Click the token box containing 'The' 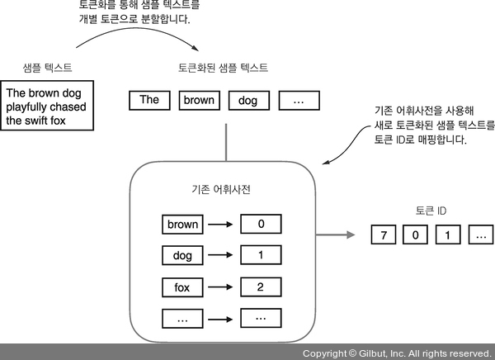coord(149,100)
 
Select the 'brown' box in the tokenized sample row coord(199,100)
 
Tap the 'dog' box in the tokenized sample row coord(247,100)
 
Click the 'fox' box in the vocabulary coord(182,287)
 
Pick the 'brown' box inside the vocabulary coord(182,224)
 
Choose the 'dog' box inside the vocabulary coord(182,255)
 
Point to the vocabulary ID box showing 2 coord(260,287)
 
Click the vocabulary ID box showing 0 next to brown coord(260,224)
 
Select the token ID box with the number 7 coord(384,234)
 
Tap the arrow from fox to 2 coord(221,287)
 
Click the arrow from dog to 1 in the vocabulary coord(221,255)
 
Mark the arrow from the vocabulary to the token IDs coord(339,234)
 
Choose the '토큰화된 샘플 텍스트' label coord(223,67)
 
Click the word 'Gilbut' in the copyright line coord(376,353)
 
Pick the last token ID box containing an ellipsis coord(478,234)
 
